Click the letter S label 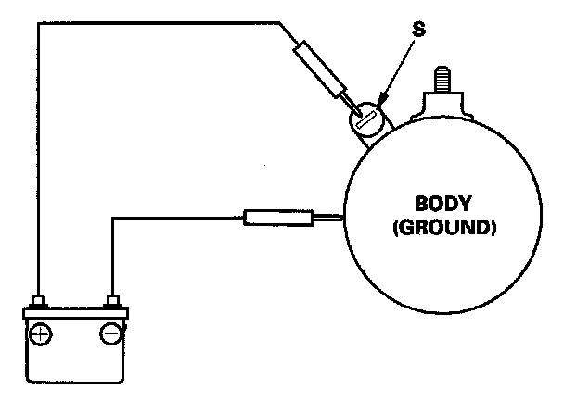(418, 29)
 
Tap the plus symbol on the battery (41, 333)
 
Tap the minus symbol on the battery (111, 333)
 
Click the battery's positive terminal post (40, 301)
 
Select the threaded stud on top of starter (439, 77)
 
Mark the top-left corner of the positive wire (38, 21)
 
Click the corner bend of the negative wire (112, 219)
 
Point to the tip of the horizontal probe (341, 219)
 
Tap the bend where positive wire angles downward (278, 21)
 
